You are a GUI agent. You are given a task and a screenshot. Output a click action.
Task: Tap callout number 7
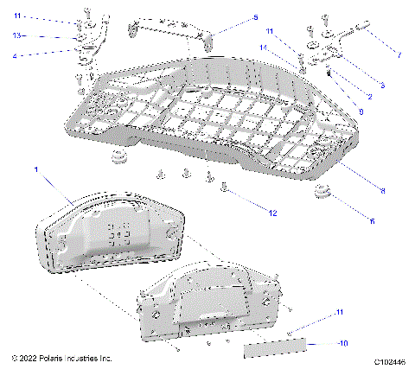point(399,54)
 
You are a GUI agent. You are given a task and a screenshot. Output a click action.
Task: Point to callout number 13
point(16,35)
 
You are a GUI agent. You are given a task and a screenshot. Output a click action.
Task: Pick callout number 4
point(15,55)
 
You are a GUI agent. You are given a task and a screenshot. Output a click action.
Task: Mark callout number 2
point(369,96)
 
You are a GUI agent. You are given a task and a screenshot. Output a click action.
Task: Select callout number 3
point(381,85)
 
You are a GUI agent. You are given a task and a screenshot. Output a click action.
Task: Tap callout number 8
point(381,190)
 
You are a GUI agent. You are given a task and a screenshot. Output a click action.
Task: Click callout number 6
point(372,221)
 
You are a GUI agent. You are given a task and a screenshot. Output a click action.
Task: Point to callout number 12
point(272,212)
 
